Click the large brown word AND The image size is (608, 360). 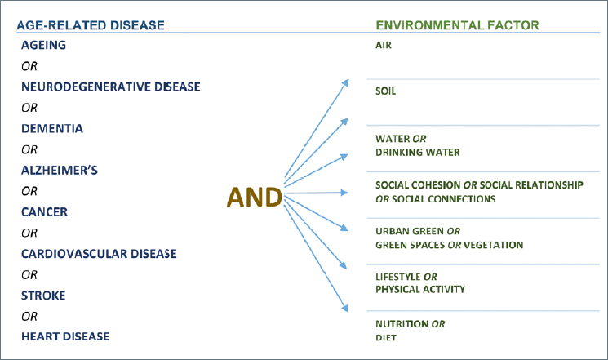(255, 197)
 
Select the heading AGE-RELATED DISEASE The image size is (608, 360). (91, 25)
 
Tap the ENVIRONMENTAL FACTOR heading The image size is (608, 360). (458, 25)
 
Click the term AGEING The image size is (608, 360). (43, 45)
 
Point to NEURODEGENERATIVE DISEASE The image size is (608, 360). (111, 87)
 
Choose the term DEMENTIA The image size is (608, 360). (52, 128)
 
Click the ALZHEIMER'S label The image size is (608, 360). (60, 170)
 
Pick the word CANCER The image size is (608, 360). (45, 211)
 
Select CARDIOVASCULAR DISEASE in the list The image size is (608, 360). (99, 254)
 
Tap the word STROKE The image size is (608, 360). (43, 296)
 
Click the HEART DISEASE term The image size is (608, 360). (65, 336)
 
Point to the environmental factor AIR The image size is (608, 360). (384, 46)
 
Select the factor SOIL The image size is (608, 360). (385, 91)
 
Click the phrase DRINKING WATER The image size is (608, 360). (418, 152)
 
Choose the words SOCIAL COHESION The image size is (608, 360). (418, 185)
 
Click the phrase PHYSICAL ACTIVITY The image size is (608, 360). (420, 290)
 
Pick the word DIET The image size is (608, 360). (386, 338)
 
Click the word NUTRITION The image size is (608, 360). (402, 324)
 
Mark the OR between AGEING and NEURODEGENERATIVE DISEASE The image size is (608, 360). (29, 66)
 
